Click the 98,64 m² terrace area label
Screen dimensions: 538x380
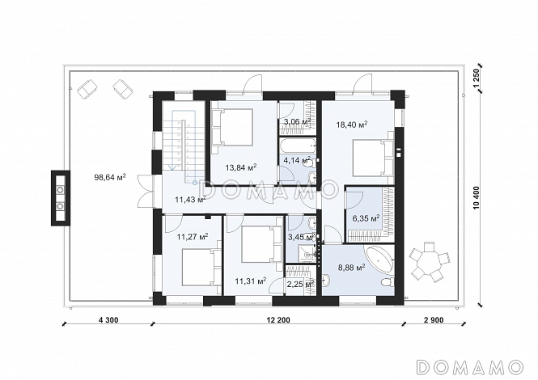[110, 177]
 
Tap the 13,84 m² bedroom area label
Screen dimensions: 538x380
[241, 167]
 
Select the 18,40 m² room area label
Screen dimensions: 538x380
[352, 125]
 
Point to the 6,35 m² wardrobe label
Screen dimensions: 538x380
[366, 218]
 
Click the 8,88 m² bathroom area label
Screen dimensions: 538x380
[352, 268]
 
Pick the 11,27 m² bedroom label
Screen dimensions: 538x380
[193, 236]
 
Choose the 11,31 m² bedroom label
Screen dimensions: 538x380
[251, 281]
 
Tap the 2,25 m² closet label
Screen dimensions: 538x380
[301, 284]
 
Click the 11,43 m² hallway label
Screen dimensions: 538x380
[190, 199]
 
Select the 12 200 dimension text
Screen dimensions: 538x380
[278, 320]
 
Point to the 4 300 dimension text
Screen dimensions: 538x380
[108, 320]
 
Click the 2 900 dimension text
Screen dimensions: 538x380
[434, 320]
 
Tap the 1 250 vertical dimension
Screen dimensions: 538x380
[475, 79]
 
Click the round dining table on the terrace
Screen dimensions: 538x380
[429, 260]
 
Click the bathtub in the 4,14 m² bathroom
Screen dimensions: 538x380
[298, 146]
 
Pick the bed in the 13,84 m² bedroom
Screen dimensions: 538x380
[232, 127]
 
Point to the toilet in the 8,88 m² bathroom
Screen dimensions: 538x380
[387, 283]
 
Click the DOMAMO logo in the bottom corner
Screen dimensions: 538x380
[470, 367]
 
